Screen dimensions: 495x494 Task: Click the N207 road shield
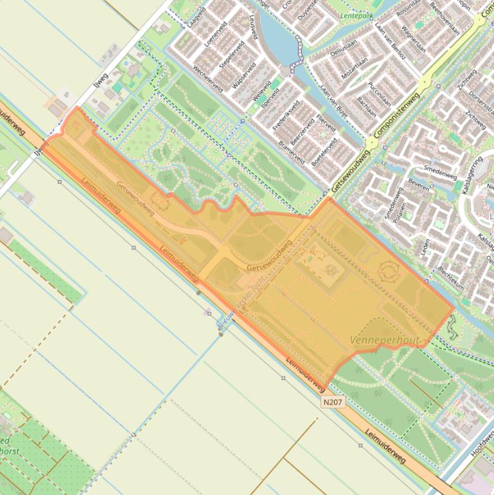pyautogui.click(x=333, y=402)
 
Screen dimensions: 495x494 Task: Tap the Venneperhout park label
pyautogui.click(x=385, y=339)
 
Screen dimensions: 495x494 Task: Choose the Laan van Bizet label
pyautogui.click(x=333, y=102)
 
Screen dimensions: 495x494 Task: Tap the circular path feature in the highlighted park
pyautogui.click(x=389, y=272)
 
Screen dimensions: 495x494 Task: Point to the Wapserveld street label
pyautogui.click(x=243, y=76)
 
